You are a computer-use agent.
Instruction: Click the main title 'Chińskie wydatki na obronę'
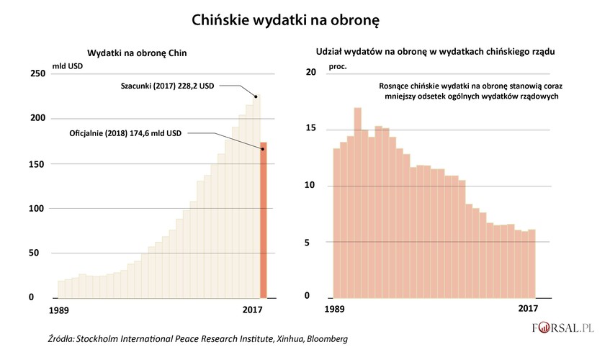coord(285,22)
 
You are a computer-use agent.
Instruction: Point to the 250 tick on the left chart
coord(36,74)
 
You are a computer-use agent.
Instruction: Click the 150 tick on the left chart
coord(36,164)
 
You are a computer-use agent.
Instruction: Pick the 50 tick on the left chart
coord(36,253)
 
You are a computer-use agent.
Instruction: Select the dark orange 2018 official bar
coord(264,220)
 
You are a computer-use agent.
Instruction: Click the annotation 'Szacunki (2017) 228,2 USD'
coord(167,85)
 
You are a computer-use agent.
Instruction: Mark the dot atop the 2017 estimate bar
coord(256,96)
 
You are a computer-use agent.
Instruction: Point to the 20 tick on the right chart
coord(311,73)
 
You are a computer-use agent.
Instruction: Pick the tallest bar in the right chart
coord(357,202)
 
